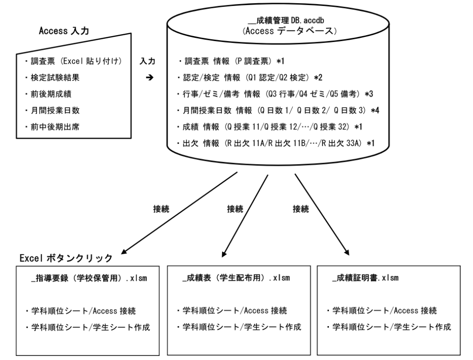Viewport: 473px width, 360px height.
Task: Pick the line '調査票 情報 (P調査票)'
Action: click(229, 61)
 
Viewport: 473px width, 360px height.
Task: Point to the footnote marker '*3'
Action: click(369, 94)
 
